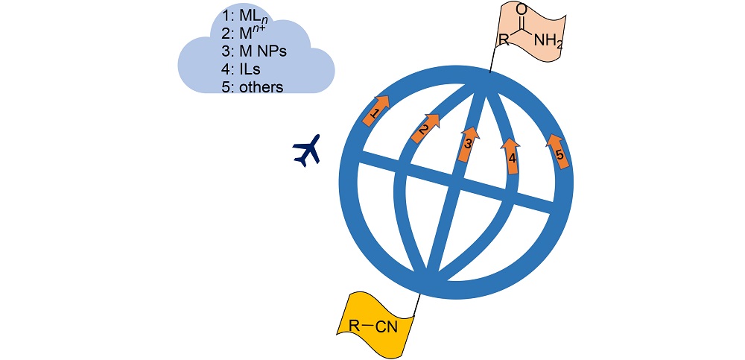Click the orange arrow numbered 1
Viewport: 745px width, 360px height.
click(378, 110)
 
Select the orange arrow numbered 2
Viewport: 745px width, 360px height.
click(425, 127)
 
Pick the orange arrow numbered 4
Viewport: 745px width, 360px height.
click(511, 154)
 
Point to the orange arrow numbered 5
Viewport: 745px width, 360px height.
click(559, 151)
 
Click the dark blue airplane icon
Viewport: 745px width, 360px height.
click(306, 151)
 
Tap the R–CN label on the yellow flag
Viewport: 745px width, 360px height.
click(373, 326)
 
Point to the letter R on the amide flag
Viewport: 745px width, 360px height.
click(504, 39)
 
